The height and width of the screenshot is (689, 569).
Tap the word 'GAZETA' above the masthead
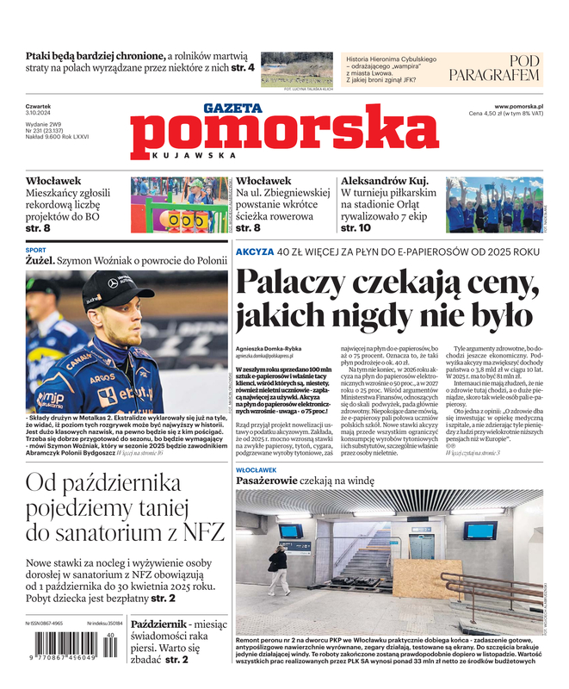(x=232, y=108)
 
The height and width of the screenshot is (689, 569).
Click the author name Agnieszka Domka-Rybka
(x=269, y=348)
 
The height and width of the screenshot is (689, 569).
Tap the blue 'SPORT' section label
(x=35, y=251)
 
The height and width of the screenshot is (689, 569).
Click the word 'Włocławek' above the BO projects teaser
(x=53, y=181)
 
